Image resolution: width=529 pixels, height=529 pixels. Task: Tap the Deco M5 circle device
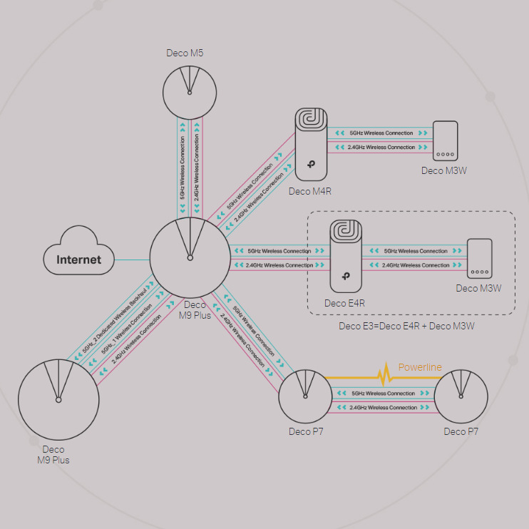click(x=190, y=90)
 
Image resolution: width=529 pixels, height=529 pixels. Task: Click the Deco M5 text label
click(x=190, y=53)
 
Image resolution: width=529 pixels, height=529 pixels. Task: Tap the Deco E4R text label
click(x=345, y=303)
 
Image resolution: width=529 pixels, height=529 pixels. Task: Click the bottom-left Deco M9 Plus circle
click(x=58, y=399)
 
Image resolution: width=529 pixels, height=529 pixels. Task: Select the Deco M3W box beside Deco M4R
click(x=445, y=141)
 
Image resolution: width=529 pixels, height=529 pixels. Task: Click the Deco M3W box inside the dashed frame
click(x=479, y=258)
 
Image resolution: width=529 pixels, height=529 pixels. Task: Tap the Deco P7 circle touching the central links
click(x=305, y=396)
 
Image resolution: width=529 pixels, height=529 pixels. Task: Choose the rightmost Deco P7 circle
click(x=461, y=396)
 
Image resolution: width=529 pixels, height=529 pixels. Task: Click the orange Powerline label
click(x=420, y=367)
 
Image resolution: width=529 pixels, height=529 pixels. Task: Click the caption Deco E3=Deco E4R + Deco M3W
click(x=406, y=326)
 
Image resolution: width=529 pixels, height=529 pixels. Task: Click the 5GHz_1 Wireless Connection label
click(x=127, y=329)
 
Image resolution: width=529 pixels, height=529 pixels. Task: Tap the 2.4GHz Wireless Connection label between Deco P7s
click(x=384, y=408)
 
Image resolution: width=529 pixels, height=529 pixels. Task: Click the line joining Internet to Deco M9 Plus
click(x=132, y=260)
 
